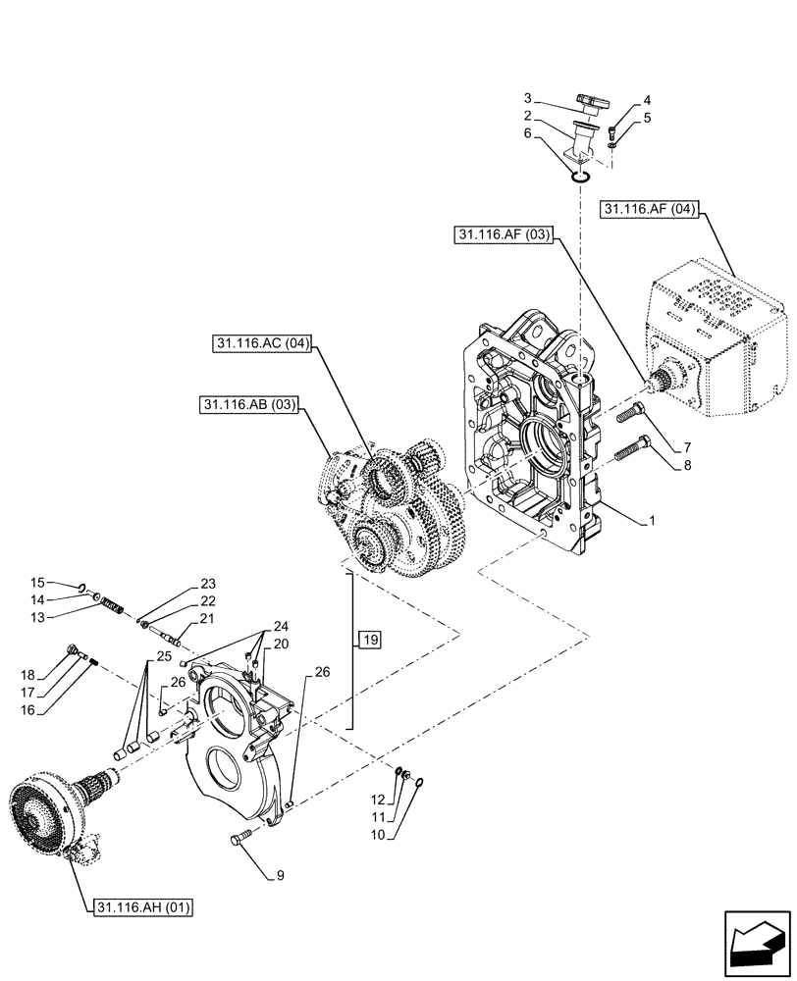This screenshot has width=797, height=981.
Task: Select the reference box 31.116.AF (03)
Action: point(505,234)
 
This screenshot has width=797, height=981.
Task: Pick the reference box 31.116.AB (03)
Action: point(249,404)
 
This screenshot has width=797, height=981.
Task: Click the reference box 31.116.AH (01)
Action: point(144,907)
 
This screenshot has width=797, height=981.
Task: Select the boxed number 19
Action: point(368,640)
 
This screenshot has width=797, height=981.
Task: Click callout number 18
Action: point(27,675)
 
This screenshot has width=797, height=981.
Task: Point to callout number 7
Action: point(672,446)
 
